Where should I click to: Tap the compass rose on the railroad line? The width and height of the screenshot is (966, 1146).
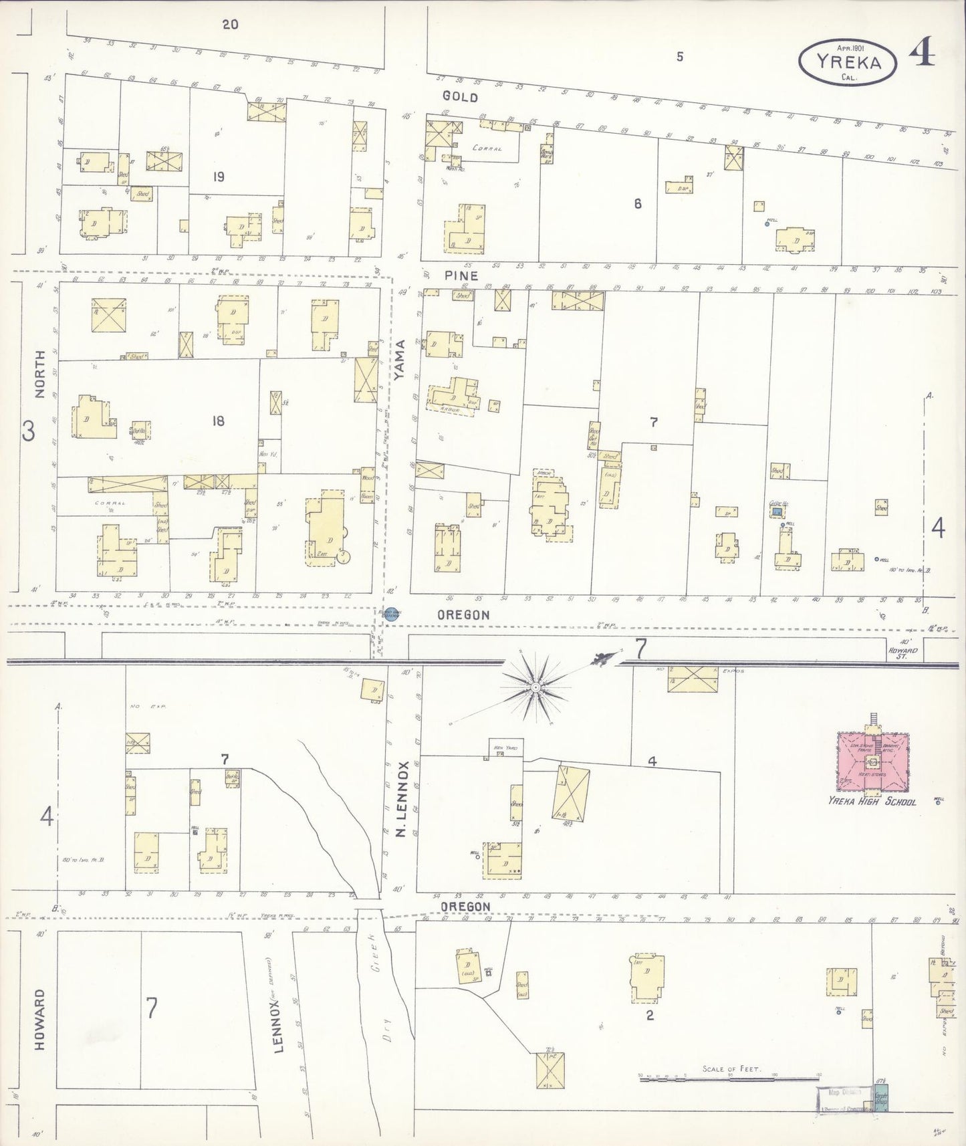click(535, 687)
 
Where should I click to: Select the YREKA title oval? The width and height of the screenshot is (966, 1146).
click(847, 62)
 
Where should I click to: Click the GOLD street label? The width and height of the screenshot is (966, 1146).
click(460, 98)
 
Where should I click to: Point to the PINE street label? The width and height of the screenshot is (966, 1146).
click(461, 275)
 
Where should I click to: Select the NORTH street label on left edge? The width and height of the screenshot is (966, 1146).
click(39, 374)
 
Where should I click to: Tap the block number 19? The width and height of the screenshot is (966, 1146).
click(218, 177)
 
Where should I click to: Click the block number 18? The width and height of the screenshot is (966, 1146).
click(218, 421)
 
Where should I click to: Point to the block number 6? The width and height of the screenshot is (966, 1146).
click(638, 204)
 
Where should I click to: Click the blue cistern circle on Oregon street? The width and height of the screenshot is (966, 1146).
click(390, 614)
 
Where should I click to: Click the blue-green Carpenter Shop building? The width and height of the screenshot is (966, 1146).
click(881, 1100)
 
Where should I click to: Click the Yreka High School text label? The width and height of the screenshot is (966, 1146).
click(872, 802)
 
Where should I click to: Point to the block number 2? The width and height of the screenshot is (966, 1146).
click(649, 1015)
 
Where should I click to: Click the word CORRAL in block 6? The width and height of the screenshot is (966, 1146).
click(487, 148)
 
